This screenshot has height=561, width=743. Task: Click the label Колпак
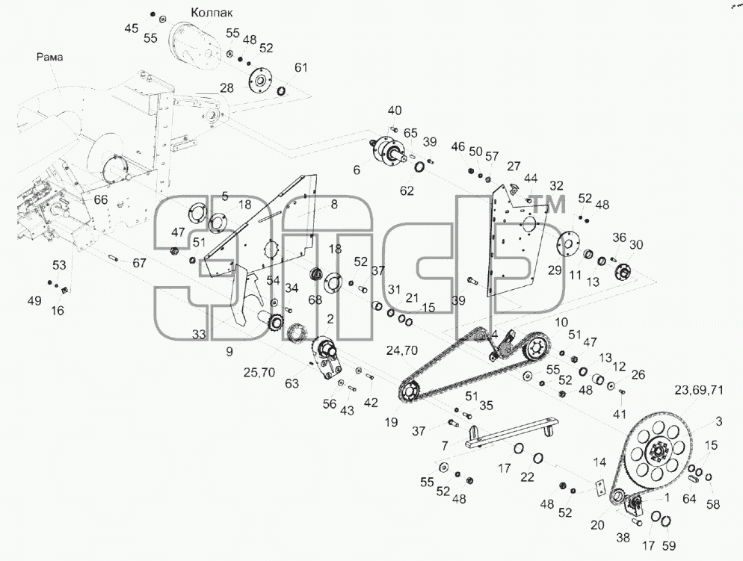(212, 13)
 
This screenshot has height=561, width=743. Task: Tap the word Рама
(50, 58)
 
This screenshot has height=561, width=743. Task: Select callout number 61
(301, 68)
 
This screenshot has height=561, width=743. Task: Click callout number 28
(227, 87)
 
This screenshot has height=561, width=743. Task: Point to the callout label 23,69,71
(699, 390)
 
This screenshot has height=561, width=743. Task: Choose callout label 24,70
(402, 350)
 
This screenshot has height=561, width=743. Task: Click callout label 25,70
(259, 373)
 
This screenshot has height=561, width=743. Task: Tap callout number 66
(100, 199)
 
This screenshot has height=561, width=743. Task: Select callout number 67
(139, 263)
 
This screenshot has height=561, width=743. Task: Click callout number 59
(668, 546)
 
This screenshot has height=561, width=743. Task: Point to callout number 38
(623, 537)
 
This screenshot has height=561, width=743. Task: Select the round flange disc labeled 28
(259, 81)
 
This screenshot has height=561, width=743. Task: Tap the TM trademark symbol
(549, 205)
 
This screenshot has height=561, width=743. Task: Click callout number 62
(407, 190)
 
